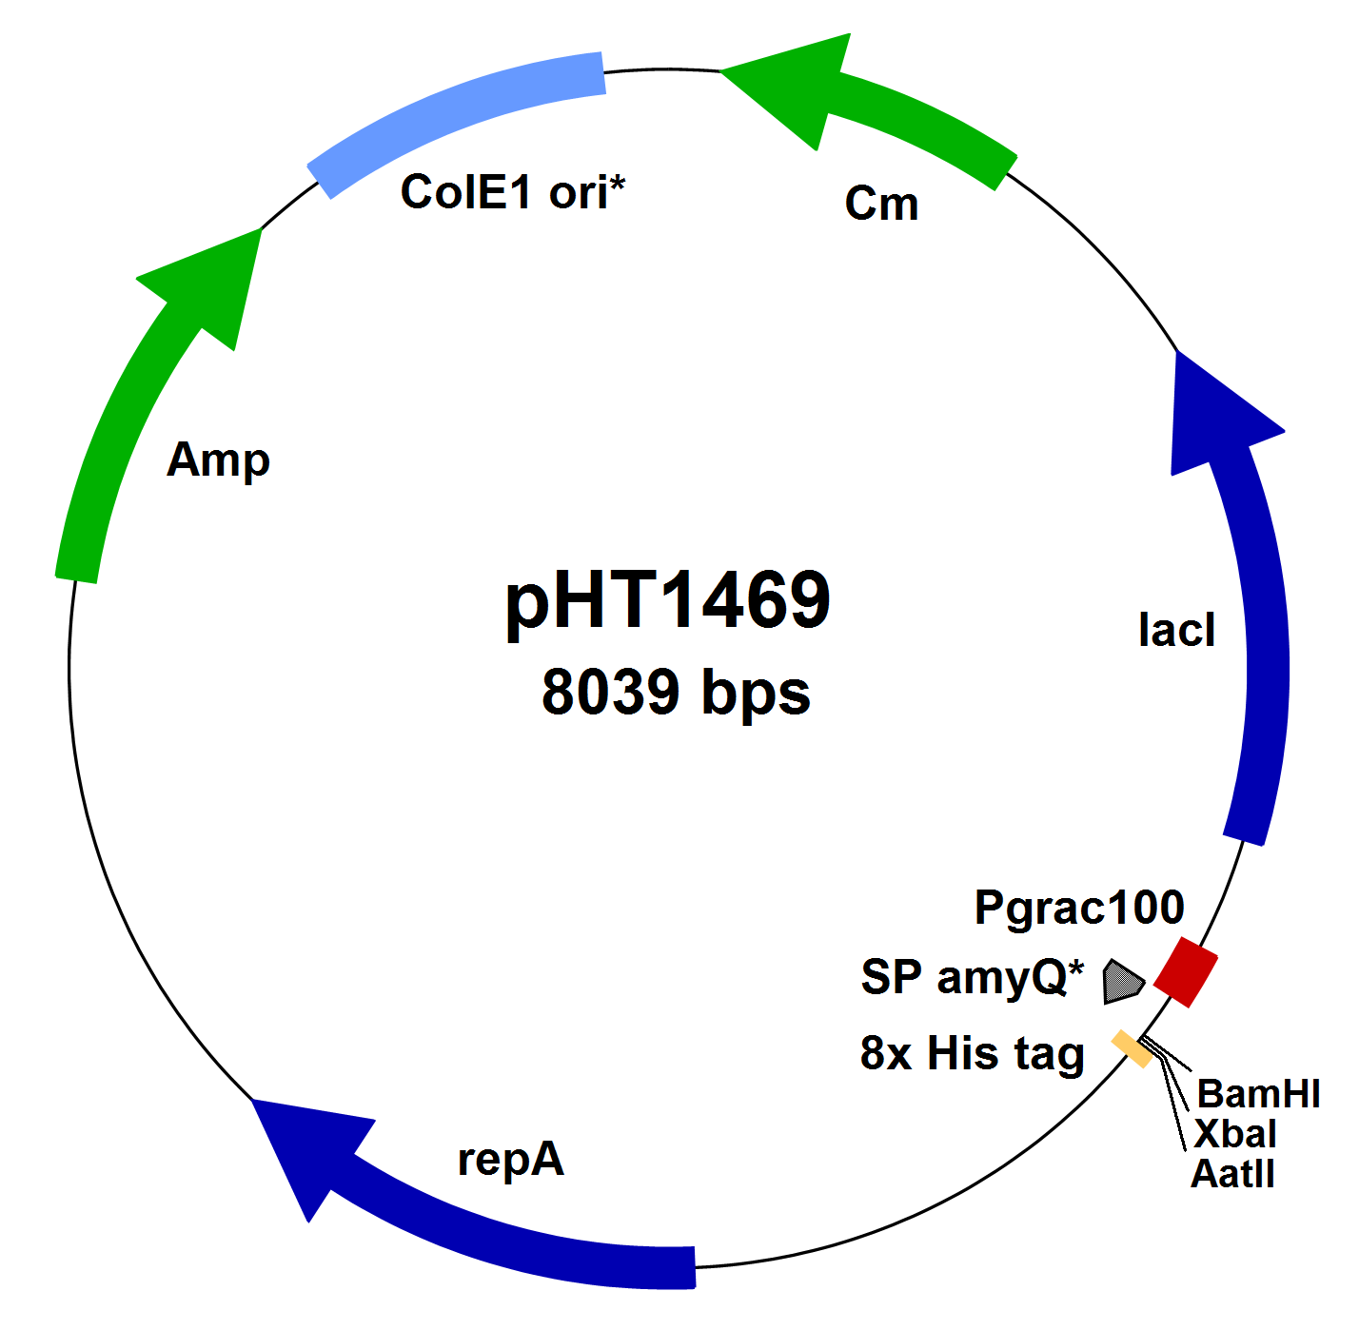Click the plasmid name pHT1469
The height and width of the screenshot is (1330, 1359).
[x=668, y=601]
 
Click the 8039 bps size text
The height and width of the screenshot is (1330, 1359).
[x=676, y=692]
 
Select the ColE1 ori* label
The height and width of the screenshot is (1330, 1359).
[x=512, y=192]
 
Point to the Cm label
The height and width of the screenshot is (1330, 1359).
[x=881, y=204]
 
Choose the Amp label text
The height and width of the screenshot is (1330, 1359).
[x=218, y=460]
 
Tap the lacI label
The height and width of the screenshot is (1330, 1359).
[x=1176, y=630]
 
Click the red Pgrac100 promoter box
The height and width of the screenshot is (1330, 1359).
[x=1185, y=971]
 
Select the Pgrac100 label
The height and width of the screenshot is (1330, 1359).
[x=1079, y=908]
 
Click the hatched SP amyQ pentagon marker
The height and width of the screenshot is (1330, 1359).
[x=1121, y=981]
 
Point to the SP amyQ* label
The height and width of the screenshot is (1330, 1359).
[x=972, y=977]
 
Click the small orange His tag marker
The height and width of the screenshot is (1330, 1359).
[x=1132, y=1048]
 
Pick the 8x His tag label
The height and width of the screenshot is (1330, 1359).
[x=972, y=1054]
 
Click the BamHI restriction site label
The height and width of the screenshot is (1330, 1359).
[x=1258, y=1094]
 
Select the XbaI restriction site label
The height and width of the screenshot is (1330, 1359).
[x=1234, y=1134]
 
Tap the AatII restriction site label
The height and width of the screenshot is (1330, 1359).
[x=1232, y=1174]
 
